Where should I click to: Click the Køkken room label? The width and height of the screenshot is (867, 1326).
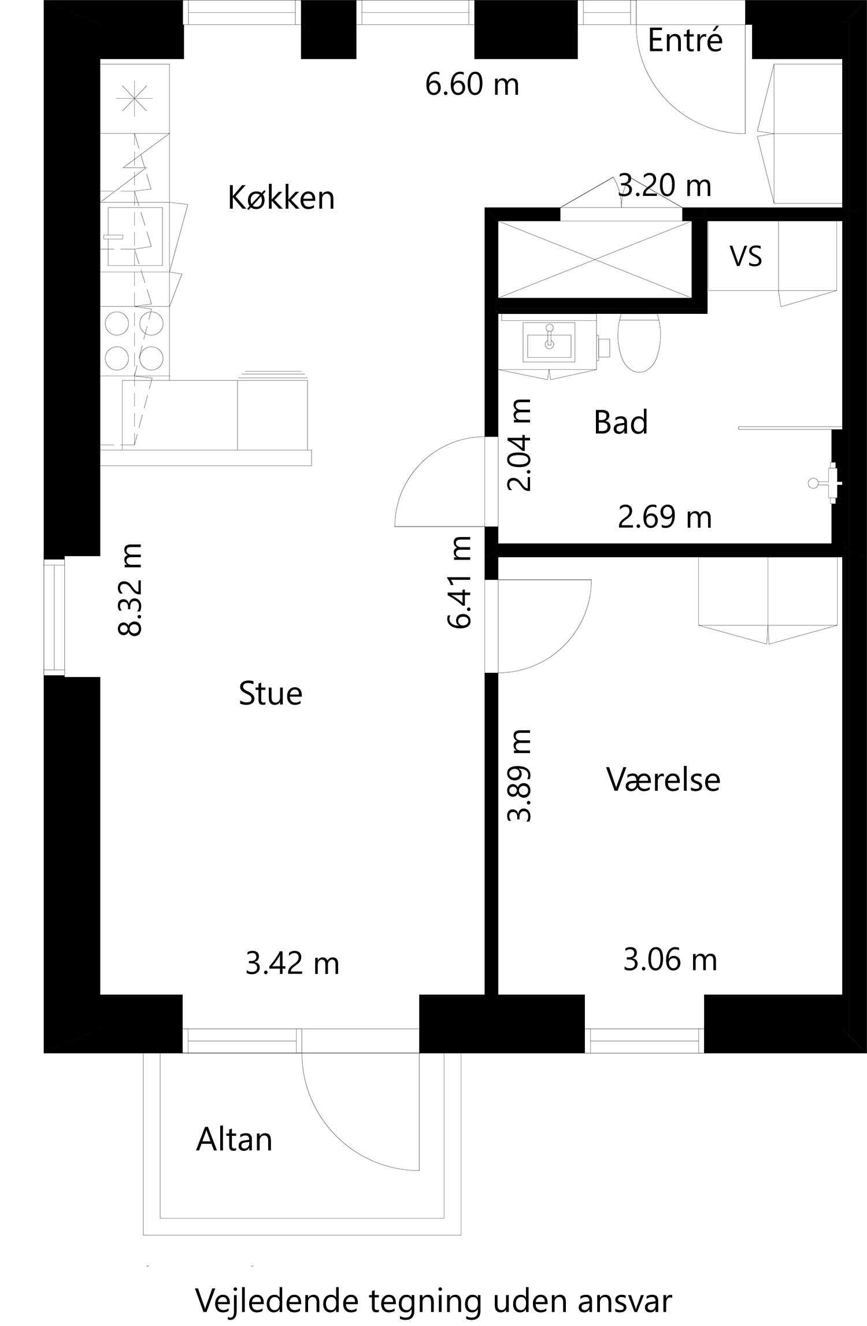[281, 198]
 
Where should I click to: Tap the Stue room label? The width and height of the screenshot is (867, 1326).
[271, 693]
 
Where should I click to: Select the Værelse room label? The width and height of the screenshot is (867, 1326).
[664, 779]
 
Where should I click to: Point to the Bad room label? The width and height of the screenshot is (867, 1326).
[621, 422]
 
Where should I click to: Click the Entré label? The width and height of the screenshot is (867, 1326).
[685, 40]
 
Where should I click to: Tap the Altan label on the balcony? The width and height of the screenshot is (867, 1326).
[234, 1140]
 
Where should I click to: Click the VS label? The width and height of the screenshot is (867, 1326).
[746, 256]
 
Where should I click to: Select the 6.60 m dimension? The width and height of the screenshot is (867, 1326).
[472, 84]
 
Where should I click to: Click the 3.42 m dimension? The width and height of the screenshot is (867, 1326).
[292, 964]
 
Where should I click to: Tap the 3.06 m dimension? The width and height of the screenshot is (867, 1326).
[670, 960]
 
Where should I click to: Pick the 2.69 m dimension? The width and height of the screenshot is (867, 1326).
[665, 517]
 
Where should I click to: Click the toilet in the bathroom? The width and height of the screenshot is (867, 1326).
[639, 342]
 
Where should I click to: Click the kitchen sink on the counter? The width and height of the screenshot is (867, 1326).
[135, 236]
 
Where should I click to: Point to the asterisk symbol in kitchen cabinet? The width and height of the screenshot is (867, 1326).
[134, 98]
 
